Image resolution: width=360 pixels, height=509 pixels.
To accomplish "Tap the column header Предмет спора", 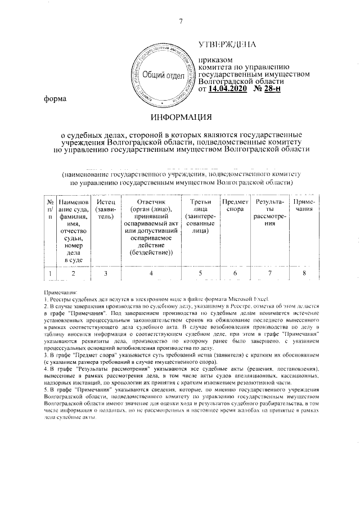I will pos(235,205).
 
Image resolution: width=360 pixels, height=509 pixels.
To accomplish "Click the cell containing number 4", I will pos(151,274).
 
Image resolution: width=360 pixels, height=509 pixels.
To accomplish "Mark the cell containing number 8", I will pos(304,274).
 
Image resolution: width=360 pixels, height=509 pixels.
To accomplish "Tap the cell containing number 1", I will pos(50,274).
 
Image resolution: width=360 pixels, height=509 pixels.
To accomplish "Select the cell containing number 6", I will pos(235,274).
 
